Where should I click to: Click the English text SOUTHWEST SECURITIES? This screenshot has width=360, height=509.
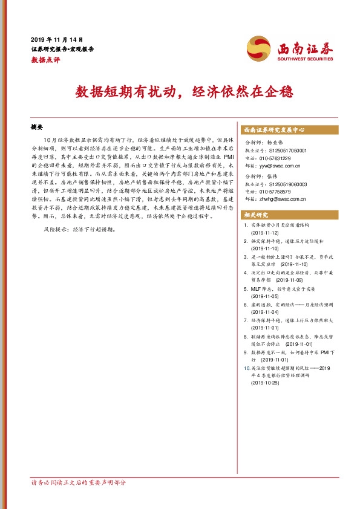[305, 59]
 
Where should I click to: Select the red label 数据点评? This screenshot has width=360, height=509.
[45, 60]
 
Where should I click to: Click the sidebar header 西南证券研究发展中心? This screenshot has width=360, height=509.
[274, 129]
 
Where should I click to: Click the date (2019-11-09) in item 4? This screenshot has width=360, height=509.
[291, 280]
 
